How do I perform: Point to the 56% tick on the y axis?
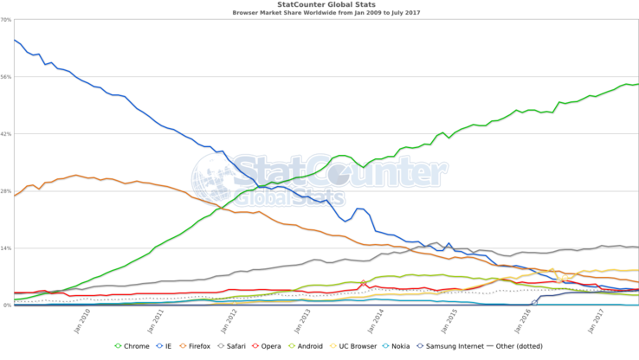coord(6,77)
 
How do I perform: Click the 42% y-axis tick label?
coord(6,134)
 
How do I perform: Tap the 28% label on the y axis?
coord(6,191)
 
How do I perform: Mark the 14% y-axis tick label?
coord(6,248)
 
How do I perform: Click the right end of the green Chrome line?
coord(637,84)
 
